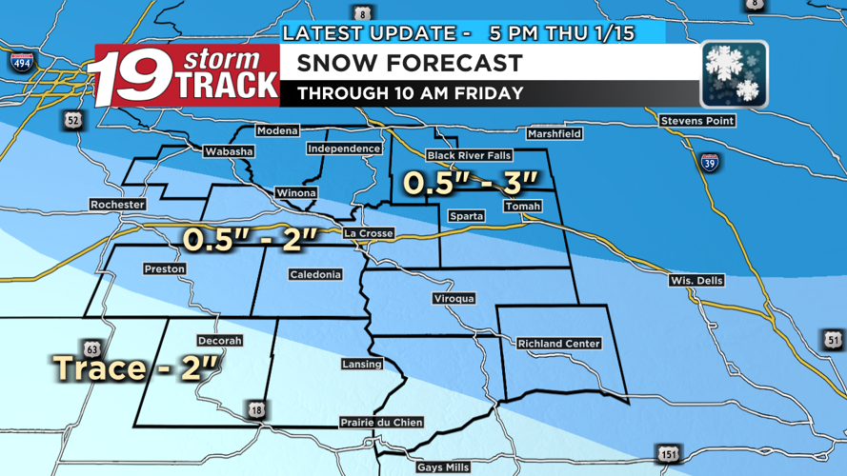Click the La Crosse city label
tap(369, 233)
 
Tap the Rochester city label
tap(117, 205)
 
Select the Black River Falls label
tap(469, 155)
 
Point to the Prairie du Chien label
tap(381, 423)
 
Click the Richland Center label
tap(558, 344)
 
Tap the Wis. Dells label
tap(696, 281)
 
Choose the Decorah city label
tap(219, 341)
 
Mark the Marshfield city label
tap(554, 134)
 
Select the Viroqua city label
tap(454, 299)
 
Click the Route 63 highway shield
tap(92, 349)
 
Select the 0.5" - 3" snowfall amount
tap(470, 182)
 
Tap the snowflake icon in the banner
tap(734, 74)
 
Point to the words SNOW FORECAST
tap(410, 64)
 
